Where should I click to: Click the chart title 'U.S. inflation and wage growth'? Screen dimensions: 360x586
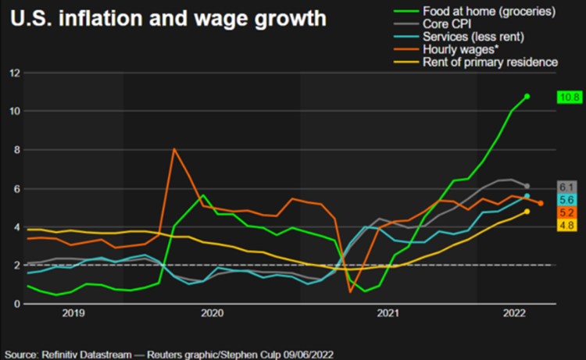(x=168, y=18)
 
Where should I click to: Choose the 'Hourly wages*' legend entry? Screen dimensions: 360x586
(x=456, y=49)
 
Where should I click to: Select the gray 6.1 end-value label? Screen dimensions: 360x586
(x=567, y=187)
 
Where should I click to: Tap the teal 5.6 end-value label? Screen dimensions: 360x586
(x=567, y=200)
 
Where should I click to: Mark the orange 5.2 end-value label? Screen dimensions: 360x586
(x=567, y=212)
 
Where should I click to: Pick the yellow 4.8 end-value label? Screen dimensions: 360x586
(x=567, y=225)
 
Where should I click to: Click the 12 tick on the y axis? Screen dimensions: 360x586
(x=13, y=73)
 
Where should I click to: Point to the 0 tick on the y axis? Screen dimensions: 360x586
(x=16, y=304)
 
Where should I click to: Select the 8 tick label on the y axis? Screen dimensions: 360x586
(x=16, y=150)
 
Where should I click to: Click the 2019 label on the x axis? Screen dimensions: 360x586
(x=73, y=314)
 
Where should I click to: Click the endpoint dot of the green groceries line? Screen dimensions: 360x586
(x=527, y=96)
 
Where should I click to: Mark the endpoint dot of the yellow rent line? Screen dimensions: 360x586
(x=527, y=211)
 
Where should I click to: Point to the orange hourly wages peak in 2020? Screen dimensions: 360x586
(x=174, y=149)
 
